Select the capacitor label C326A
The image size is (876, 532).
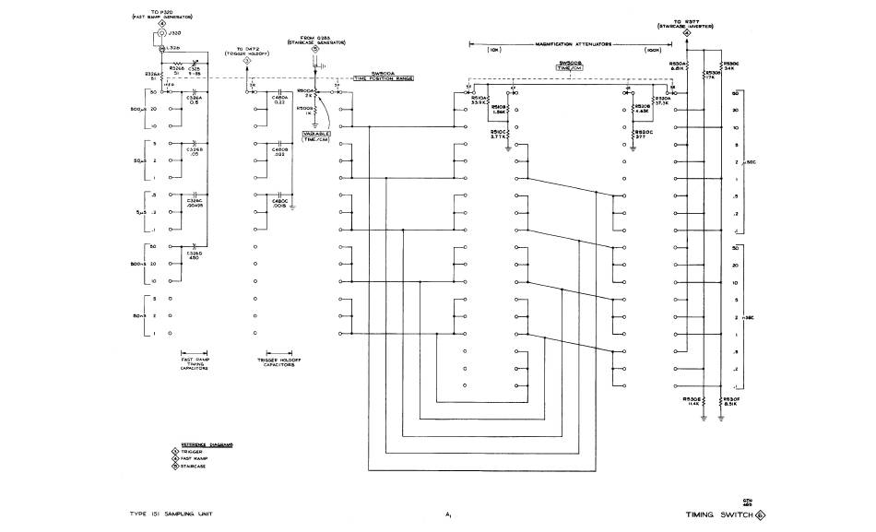point(195,98)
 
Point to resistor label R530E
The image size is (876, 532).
point(693,400)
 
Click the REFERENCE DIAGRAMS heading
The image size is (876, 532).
point(207,444)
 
